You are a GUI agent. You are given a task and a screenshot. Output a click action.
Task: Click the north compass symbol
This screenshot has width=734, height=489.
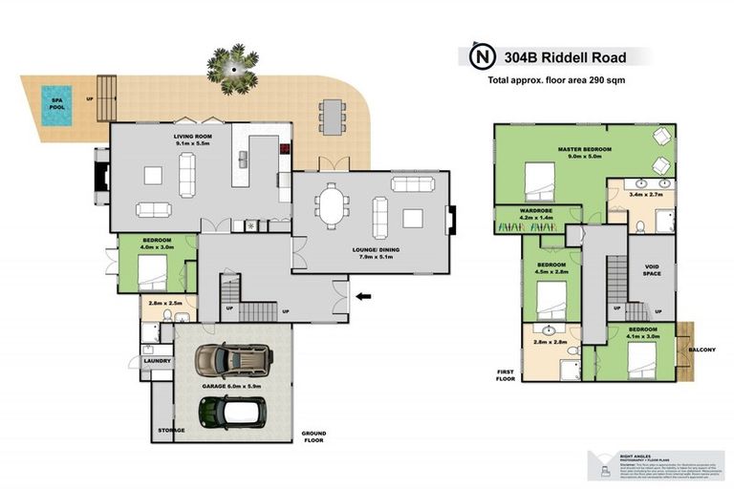(480, 56)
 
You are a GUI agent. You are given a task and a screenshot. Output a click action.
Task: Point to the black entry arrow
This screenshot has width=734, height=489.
(364, 297)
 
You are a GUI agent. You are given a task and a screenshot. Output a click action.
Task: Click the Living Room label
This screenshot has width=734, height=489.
(192, 139)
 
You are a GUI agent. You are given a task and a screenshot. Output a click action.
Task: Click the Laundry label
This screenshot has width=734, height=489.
(157, 361)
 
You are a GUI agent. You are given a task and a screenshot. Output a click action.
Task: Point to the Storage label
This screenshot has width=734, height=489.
(171, 431)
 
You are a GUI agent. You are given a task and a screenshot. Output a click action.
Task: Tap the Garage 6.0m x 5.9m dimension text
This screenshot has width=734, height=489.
(227, 386)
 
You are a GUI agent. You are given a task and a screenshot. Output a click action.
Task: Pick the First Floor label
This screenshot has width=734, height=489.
(505, 374)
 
